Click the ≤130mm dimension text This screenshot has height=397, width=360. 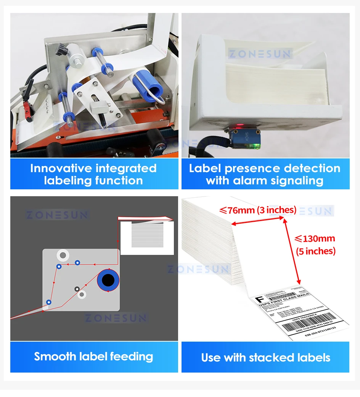pos(315,239)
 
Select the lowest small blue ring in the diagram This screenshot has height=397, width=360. pos(48,302)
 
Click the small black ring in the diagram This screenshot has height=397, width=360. pos(77,289)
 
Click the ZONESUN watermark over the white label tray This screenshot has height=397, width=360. pos(260,54)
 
